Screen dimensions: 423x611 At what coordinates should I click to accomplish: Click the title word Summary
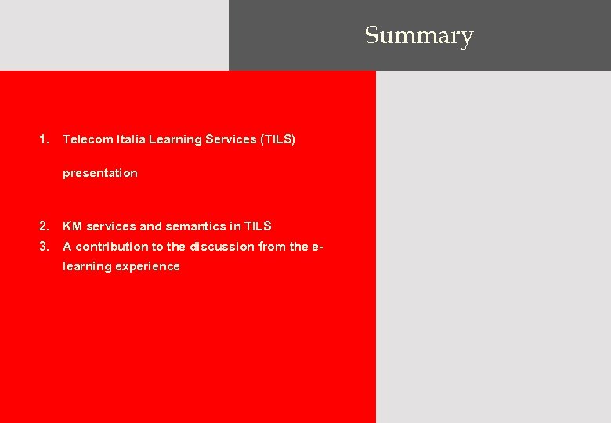point(419,36)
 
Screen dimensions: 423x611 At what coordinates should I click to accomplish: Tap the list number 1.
point(44,139)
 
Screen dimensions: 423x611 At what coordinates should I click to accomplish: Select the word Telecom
point(88,139)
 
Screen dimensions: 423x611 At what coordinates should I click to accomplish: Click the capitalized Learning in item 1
point(175,139)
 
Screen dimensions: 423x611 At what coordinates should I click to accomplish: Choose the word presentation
point(99,173)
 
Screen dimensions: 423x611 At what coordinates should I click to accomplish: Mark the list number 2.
point(44,226)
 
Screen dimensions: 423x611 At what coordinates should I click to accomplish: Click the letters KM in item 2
point(72,226)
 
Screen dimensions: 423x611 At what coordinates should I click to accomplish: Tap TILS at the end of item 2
point(258,226)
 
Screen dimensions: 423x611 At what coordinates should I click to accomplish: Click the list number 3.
point(44,247)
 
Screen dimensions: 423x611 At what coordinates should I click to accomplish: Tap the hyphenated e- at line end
point(317,247)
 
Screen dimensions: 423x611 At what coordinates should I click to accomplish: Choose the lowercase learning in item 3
point(87,266)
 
